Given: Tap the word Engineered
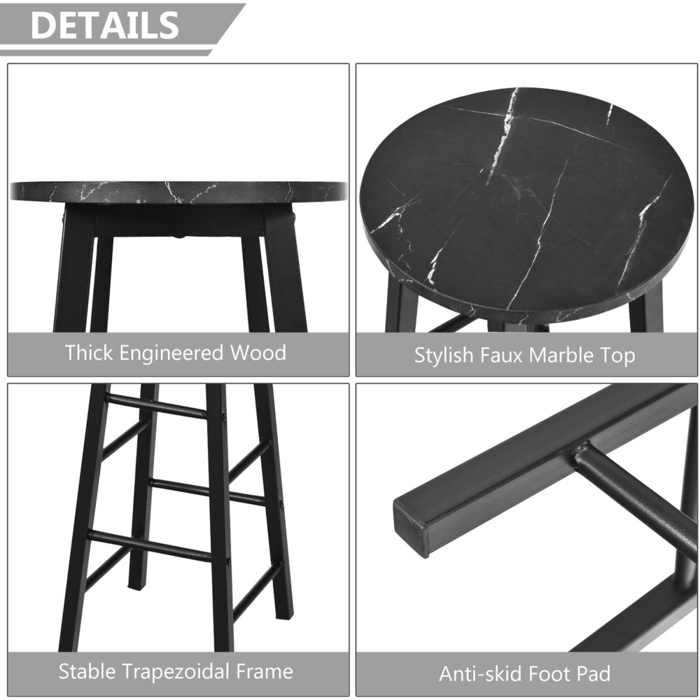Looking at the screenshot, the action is coord(171,353).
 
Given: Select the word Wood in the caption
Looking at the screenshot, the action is coord(258,353).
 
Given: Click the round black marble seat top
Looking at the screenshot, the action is coord(524,204).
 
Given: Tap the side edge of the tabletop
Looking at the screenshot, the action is coord(178,192).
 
